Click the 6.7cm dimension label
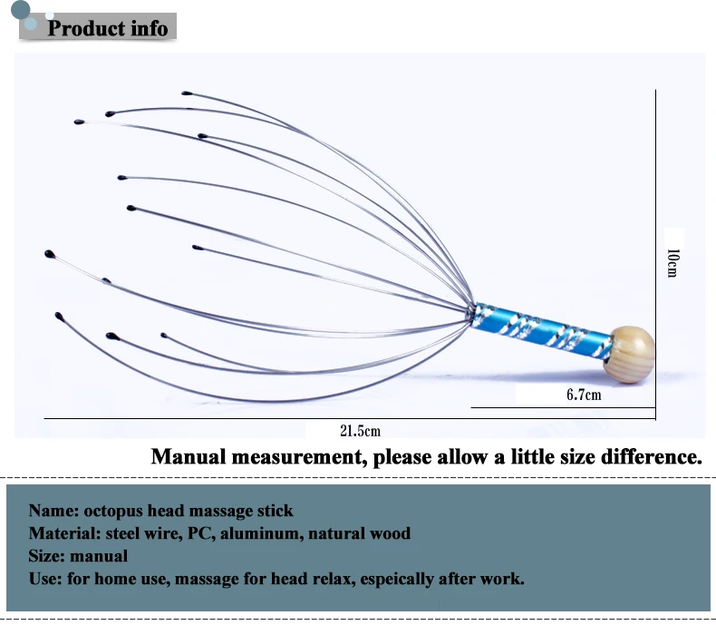pos(584,395)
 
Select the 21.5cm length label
pos(361,430)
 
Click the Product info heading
pos(107,28)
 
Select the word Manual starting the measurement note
pos(191,456)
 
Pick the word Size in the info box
pos(44,556)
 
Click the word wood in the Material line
pos(392,533)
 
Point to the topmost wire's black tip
pos(186,93)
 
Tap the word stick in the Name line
pos(275,511)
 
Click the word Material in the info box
pos(63,533)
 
